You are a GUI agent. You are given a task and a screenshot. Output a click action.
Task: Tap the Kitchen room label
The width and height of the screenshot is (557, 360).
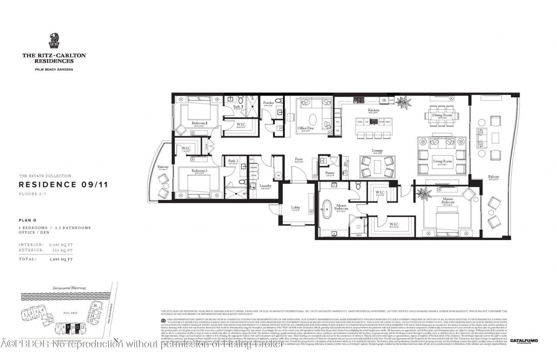(x=373, y=110)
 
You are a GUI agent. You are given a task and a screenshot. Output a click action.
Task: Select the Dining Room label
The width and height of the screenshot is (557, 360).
(x=443, y=115)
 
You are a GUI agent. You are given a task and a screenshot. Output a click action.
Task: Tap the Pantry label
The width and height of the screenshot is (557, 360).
(x=329, y=173)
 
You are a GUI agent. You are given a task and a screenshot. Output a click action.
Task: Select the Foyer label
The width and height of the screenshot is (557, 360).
(x=299, y=160)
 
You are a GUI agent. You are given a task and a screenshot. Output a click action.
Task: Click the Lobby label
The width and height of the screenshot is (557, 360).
(x=295, y=207)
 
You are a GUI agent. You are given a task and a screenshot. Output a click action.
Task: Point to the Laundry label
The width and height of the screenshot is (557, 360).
(x=266, y=186)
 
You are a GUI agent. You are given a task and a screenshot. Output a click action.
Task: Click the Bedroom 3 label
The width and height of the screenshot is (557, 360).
(x=199, y=123)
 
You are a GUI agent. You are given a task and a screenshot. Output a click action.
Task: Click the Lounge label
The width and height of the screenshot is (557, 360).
(x=377, y=151)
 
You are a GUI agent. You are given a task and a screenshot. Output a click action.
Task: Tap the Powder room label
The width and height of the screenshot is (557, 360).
(x=268, y=103)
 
